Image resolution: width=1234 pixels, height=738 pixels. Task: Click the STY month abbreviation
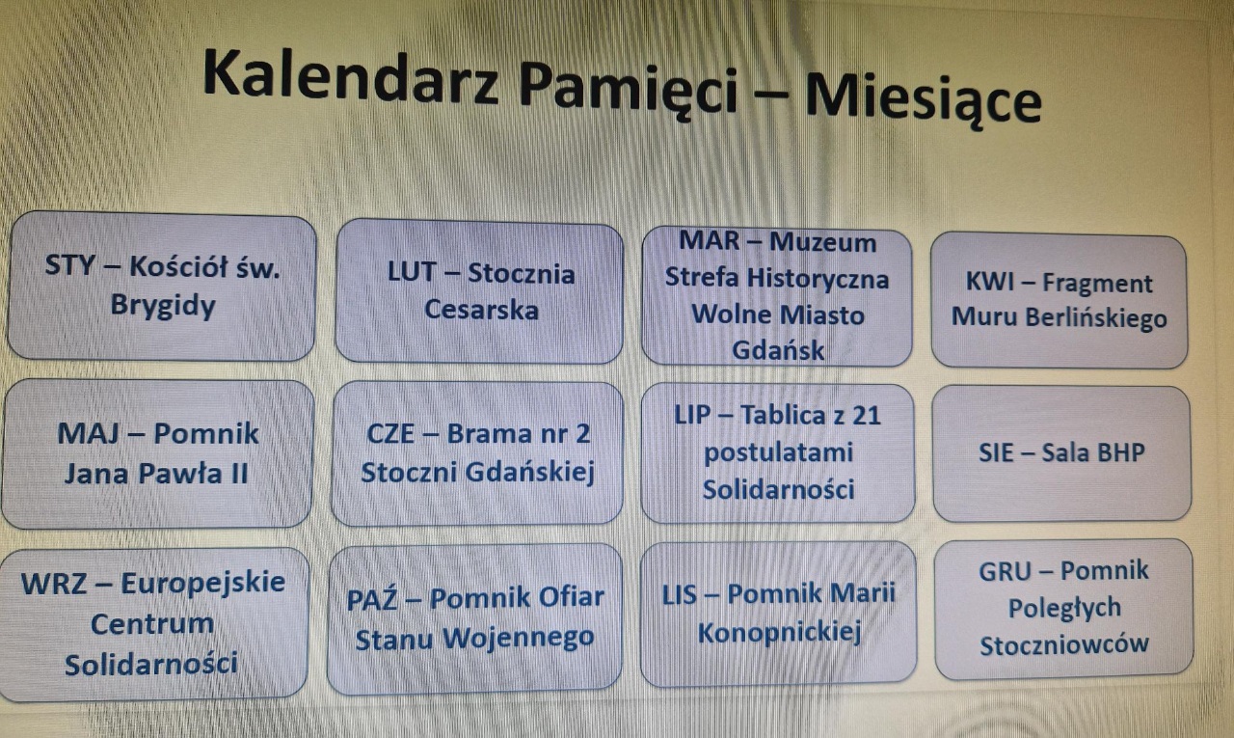click(70, 265)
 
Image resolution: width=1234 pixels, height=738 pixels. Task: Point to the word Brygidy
click(163, 306)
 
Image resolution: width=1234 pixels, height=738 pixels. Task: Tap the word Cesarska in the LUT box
click(481, 310)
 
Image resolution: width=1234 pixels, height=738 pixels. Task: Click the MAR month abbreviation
click(710, 241)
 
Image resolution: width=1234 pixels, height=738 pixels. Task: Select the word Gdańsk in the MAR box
click(778, 350)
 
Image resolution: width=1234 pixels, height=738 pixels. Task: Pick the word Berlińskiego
click(1096, 318)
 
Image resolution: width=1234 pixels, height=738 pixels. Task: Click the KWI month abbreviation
click(990, 283)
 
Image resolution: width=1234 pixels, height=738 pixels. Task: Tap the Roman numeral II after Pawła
click(238, 475)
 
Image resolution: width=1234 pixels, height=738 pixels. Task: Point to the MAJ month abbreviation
click(88, 434)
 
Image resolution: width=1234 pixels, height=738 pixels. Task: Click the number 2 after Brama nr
click(582, 434)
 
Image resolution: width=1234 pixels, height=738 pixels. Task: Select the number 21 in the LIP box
click(867, 416)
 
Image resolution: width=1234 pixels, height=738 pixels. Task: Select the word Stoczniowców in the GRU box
click(1063, 644)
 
